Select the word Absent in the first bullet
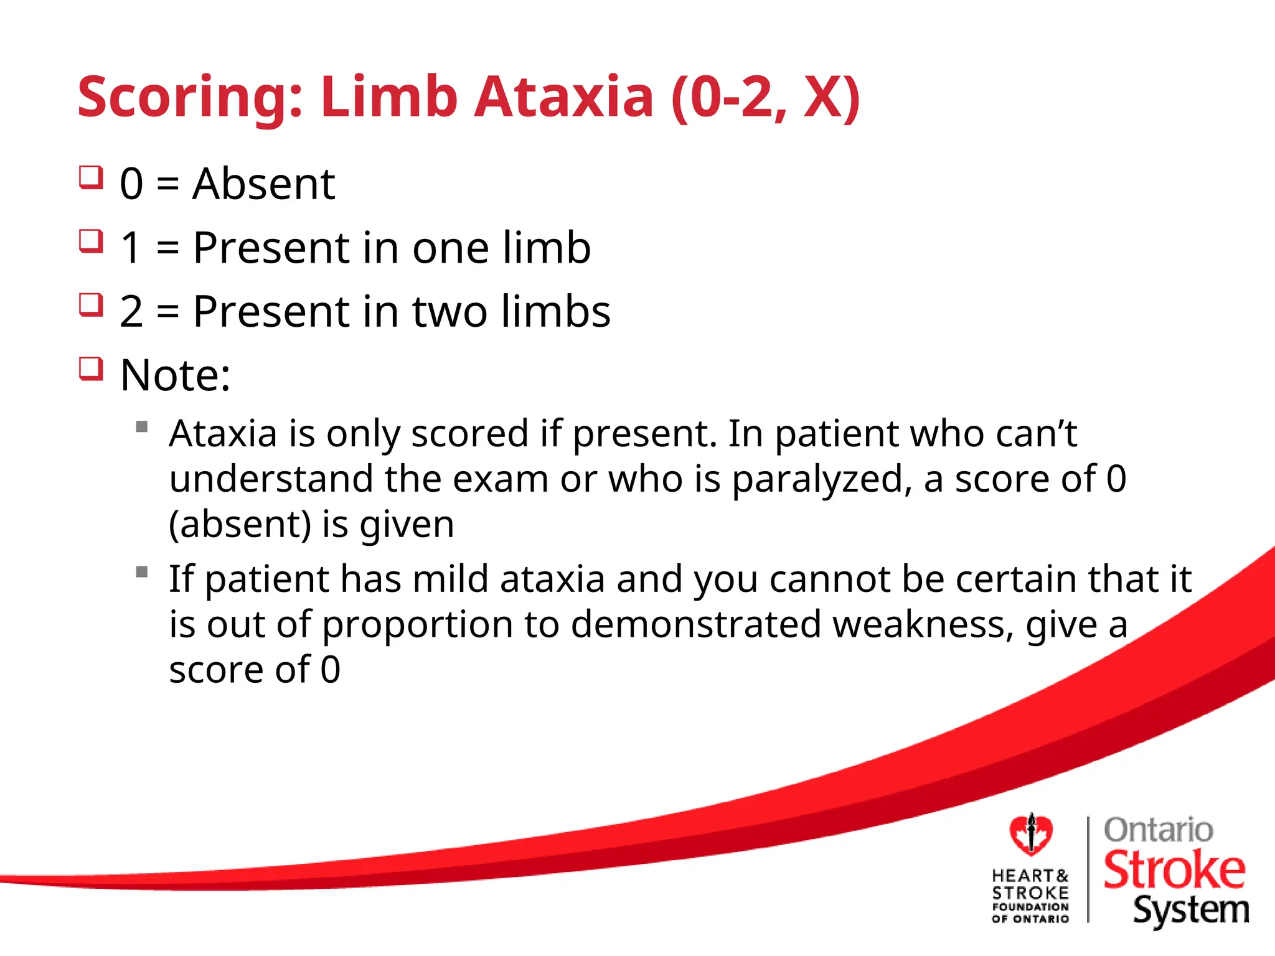point(263,184)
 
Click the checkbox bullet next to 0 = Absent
point(91,177)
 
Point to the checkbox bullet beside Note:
point(91,368)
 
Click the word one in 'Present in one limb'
point(451,248)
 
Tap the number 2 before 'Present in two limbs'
point(131,312)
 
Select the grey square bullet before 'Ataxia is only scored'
point(142,427)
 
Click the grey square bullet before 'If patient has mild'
point(142,572)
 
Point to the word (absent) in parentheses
point(240,525)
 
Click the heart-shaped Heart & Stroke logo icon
point(1031,835)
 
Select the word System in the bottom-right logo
point(1190,911)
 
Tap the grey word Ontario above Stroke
point(1158,830)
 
